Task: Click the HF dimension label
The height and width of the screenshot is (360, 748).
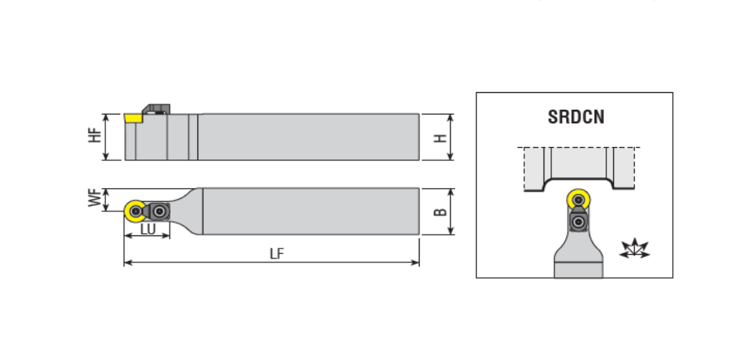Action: [95, 135]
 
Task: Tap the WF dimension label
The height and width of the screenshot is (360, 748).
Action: [95, 198]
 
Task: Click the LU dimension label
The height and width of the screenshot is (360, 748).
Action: [148, 229]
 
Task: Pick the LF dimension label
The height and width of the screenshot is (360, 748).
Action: [276, 254]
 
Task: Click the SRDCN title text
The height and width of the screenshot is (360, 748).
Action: [576, 117]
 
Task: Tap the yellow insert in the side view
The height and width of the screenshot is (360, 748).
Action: [133, 118]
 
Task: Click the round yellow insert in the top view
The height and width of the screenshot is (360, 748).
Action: [135, 211]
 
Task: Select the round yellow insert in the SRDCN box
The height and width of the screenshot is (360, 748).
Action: [578, 200]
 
